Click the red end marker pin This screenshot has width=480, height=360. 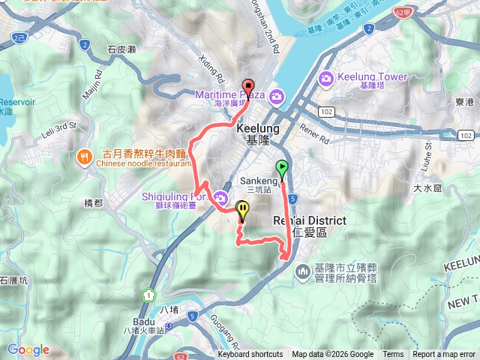248,85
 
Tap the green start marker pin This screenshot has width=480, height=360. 282,169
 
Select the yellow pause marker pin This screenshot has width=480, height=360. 242,210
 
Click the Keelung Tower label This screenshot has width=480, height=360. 373,77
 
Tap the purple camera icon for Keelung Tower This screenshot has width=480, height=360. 326,78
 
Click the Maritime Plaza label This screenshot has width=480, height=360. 229,95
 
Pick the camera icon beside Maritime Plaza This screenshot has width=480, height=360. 277,96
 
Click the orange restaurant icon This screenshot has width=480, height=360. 82,157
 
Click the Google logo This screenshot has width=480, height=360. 28,349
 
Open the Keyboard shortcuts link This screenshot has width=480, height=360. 250,355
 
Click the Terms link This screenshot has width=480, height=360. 393,355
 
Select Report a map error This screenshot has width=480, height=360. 444,355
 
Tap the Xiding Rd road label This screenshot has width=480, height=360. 212,67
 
